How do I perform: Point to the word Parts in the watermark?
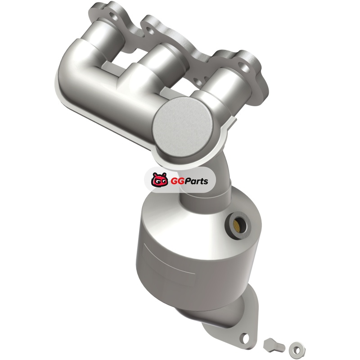tap(195, 181)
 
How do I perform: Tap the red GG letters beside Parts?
tap(175, 181)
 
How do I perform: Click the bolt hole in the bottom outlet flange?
tap(245, 337)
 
